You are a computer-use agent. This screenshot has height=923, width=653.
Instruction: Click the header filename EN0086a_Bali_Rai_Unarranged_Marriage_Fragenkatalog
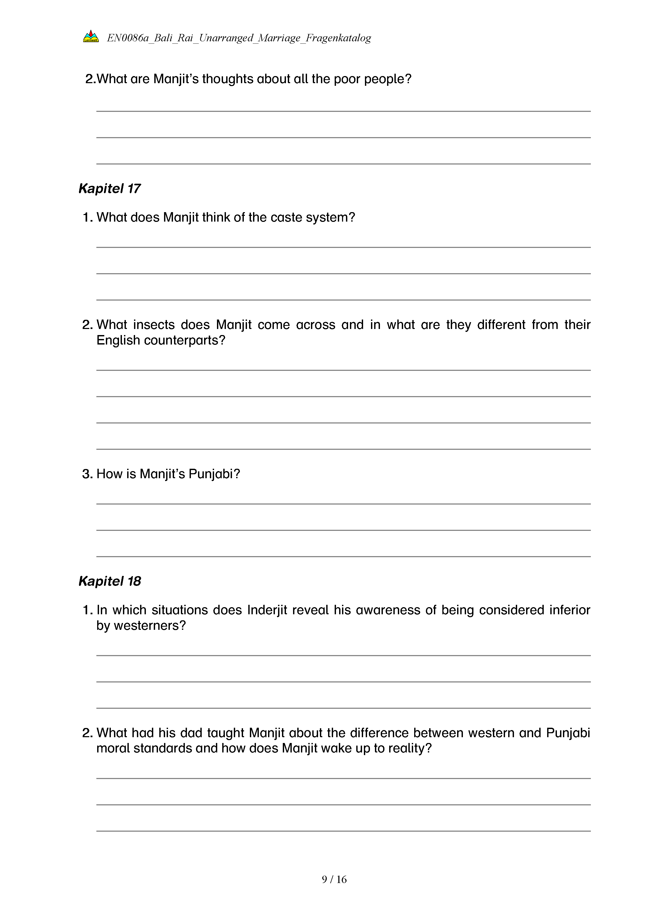(x=239, y=38)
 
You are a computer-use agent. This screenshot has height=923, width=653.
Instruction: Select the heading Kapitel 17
(x=109, y=188)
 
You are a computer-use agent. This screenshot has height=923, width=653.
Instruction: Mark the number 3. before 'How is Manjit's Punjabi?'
(x=87, y=474)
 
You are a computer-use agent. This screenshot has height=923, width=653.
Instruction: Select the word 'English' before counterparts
(x=118, y=341)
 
